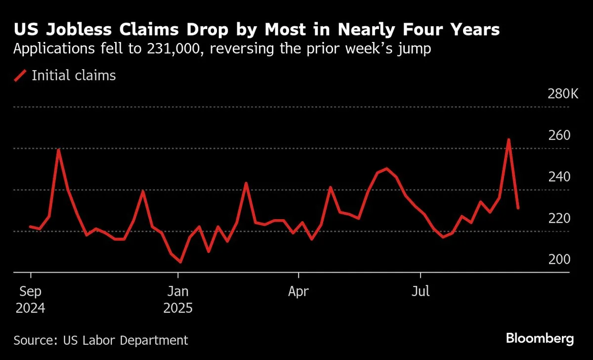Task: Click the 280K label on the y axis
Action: [562, 94]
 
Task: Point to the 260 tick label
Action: [559, 135]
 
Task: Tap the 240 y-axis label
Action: [559, 177]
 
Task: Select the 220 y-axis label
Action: [559, 218]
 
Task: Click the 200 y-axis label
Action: [559, 260]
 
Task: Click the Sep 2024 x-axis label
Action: [31, 299]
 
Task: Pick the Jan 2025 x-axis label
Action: [178, 299]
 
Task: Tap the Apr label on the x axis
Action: [298, 291]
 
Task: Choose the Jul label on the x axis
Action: [421, 291]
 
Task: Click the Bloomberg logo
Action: [540, 339]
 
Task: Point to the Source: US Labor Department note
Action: [101, 340]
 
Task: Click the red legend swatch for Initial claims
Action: [20, 76]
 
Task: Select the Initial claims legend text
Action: [74, 76]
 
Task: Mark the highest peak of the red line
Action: [508, 140]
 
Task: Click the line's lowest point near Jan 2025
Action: [180, 262]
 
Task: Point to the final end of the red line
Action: [518, 208]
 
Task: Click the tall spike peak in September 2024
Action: [59, 150]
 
